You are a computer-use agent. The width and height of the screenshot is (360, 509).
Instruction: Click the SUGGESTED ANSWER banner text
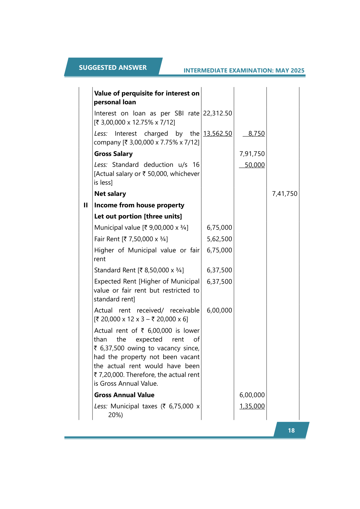(113, 68)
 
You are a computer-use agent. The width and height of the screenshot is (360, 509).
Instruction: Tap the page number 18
(291, 430)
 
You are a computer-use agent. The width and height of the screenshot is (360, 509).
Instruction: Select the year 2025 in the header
(297, 70)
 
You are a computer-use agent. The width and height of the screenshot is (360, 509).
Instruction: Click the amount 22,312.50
(218, 113)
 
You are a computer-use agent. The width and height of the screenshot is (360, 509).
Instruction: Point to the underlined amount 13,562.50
(218, 134)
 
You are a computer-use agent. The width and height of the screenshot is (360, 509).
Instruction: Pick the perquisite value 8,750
(256, 134)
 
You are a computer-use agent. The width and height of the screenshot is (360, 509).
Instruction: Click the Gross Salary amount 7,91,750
(252, 154)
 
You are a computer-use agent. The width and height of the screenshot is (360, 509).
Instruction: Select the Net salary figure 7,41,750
(285, 194)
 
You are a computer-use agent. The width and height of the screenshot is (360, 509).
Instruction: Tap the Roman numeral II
(86, 205)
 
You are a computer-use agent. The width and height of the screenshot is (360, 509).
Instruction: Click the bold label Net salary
(110, 194)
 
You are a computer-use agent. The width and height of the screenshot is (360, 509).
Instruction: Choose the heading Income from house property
(139, 205)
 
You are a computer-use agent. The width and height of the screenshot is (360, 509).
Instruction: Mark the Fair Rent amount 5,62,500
(219, 239)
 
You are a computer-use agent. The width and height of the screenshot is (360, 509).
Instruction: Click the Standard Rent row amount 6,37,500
(219, 270)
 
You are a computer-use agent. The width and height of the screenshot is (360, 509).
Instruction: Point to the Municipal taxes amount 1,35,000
(252, 406)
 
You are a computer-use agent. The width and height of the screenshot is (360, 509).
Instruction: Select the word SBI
(179, 113)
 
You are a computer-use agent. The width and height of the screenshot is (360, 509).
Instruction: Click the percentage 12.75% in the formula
(143, 122)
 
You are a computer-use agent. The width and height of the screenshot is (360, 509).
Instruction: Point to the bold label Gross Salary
(113, 154)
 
